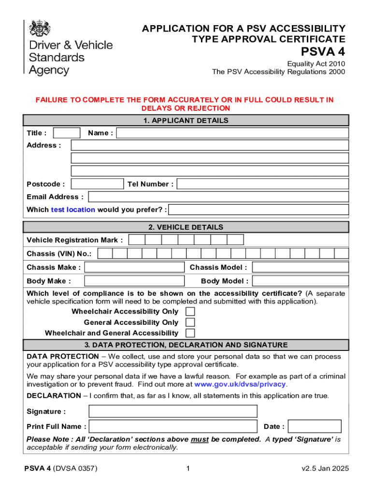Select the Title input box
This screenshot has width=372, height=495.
pyautogui.click(x=67, y=133)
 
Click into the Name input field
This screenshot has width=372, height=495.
pyautogui.click(x=232, y=133)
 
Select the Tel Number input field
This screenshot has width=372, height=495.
pyautogui.click(x=262, y=184)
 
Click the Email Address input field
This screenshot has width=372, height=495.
pyautogui.click(x=218, y=197)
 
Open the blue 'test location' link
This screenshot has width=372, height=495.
pyautogui.click(x=73, y=210)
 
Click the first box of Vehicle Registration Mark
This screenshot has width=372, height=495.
pyautogui.click(x=137, y=240)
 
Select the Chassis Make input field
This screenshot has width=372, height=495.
pyautogui.click(x=134, y=267)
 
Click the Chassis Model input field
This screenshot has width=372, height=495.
pyautogui.click(x=300, y=267)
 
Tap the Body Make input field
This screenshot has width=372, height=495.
pyautogui.click(x=134, y=281)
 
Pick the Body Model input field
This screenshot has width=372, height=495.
pyautogui.click(x=300, y=281)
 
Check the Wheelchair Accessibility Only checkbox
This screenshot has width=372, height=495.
pyautogui.click(x=190, y=311)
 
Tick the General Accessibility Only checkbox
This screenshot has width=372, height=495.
pyautogui.click(x=190, y=322)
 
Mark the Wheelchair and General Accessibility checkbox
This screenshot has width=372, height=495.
pyautogui.click(x=190, y=333)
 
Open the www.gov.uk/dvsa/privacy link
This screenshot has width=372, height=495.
pyautogui.click(x=240, y=385)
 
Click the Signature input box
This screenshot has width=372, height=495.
pyautogui.click(x=173, y=411)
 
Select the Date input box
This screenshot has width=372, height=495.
pyautogui.click(x=315, y=426)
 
